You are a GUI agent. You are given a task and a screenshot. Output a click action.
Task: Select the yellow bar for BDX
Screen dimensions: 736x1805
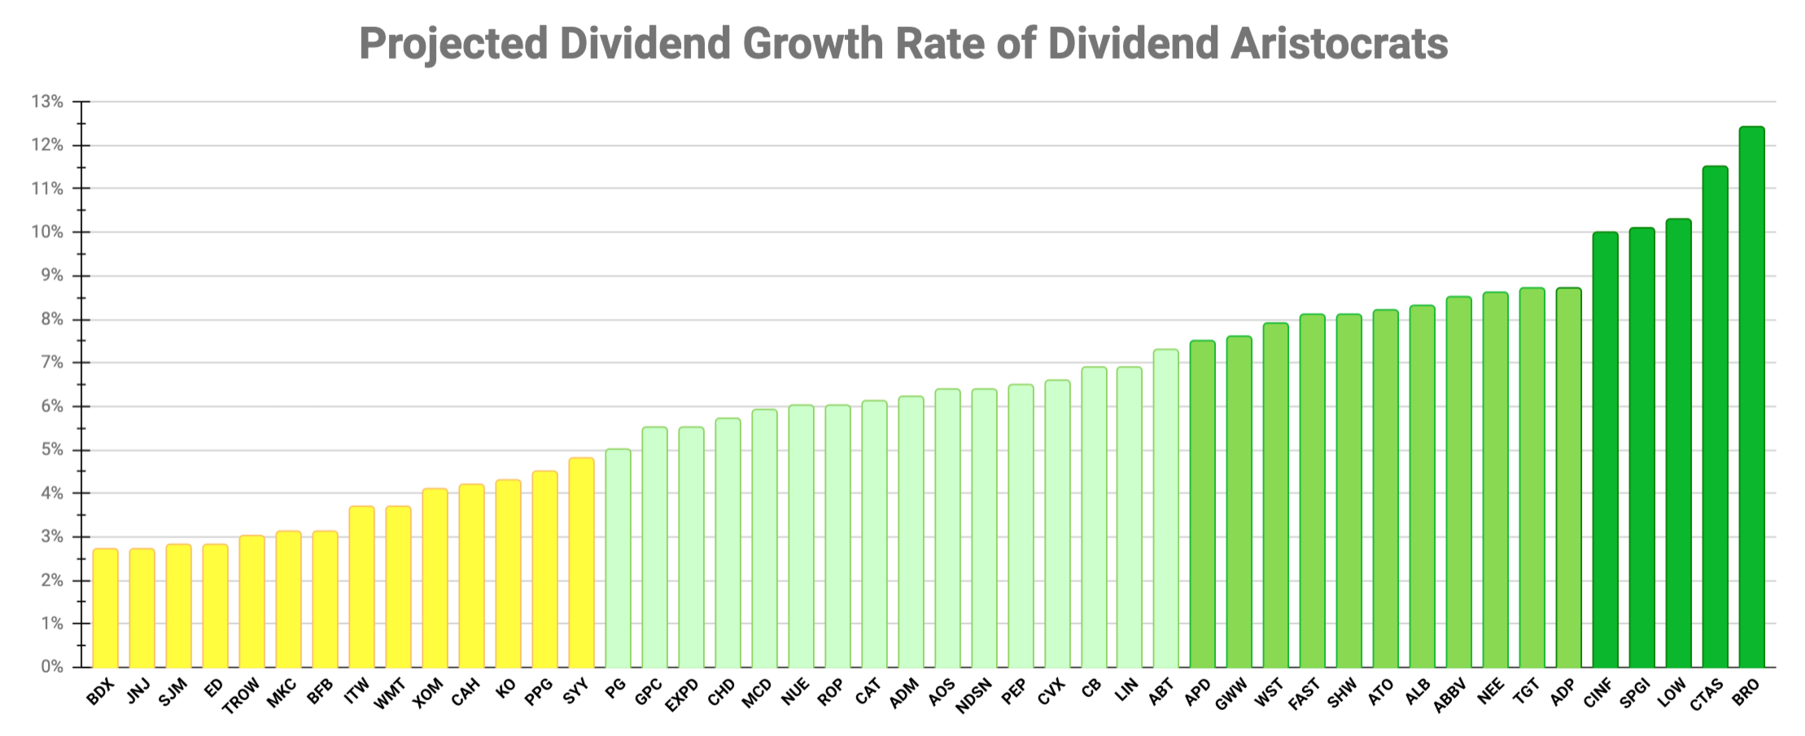[105, 608]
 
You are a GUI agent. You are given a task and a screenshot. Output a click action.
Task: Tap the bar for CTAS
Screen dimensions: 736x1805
[1715, 416]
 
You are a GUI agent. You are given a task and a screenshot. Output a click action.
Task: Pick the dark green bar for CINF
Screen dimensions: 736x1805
[1605, 450]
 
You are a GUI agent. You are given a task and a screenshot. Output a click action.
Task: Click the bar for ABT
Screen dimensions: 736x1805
[1165, 508]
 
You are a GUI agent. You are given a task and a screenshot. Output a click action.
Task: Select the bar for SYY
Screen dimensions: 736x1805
[581, 563]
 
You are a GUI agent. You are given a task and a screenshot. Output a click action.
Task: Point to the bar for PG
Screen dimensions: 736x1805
[618, 558]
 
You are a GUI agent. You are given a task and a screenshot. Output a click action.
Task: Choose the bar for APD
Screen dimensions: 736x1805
[1202, 504]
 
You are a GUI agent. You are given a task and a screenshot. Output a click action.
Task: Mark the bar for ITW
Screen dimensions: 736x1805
[361, 586]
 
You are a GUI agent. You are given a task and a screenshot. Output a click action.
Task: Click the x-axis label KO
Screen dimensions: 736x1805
[505, 690]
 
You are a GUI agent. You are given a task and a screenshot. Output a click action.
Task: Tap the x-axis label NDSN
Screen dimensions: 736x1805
[975, 695]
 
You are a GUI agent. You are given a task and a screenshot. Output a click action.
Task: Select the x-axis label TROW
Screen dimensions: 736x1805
[242, 695]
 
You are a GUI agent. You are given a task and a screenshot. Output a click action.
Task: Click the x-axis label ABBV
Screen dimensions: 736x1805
[1450, 695]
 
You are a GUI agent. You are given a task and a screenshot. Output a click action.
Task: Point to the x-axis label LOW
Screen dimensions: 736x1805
[1672, 692]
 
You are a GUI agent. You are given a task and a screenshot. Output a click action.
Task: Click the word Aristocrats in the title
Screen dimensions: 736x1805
[1339, 43]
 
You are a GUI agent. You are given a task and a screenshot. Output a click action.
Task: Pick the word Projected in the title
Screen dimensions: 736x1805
[453, 45]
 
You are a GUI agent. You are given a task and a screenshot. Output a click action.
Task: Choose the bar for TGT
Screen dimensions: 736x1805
[1532, 477]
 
